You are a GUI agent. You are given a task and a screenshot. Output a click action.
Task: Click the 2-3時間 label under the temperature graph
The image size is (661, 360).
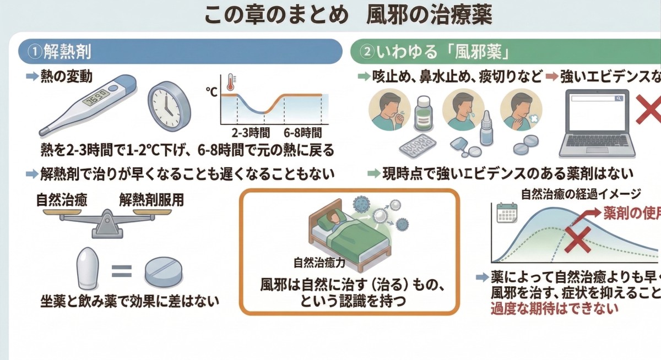[x=250, y=133]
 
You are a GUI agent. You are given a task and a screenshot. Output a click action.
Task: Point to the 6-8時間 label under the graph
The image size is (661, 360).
[x=302, y=133]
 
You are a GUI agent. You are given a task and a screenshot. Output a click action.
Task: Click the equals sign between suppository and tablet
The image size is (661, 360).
[x=122, y=271]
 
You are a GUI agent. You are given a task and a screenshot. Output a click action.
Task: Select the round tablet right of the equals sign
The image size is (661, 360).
[x=164, y=272]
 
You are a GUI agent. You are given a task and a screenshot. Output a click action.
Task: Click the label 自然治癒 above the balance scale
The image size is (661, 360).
[x=61, y=199]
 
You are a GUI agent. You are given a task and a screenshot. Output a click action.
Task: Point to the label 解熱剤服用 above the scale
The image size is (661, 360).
[x=151, y=199]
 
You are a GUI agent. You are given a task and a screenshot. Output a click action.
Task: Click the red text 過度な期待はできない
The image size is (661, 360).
[x=554, y=308]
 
